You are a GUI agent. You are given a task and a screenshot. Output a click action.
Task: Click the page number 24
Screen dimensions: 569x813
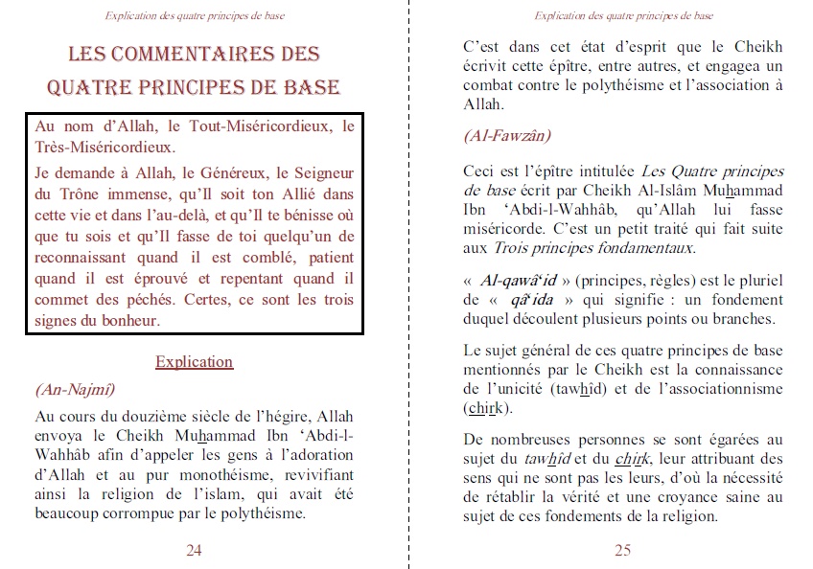point(194,550)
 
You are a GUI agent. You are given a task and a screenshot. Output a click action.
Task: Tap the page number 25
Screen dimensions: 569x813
point(622,550)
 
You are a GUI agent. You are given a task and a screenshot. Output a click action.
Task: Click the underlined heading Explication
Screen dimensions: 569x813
point(194,362)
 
